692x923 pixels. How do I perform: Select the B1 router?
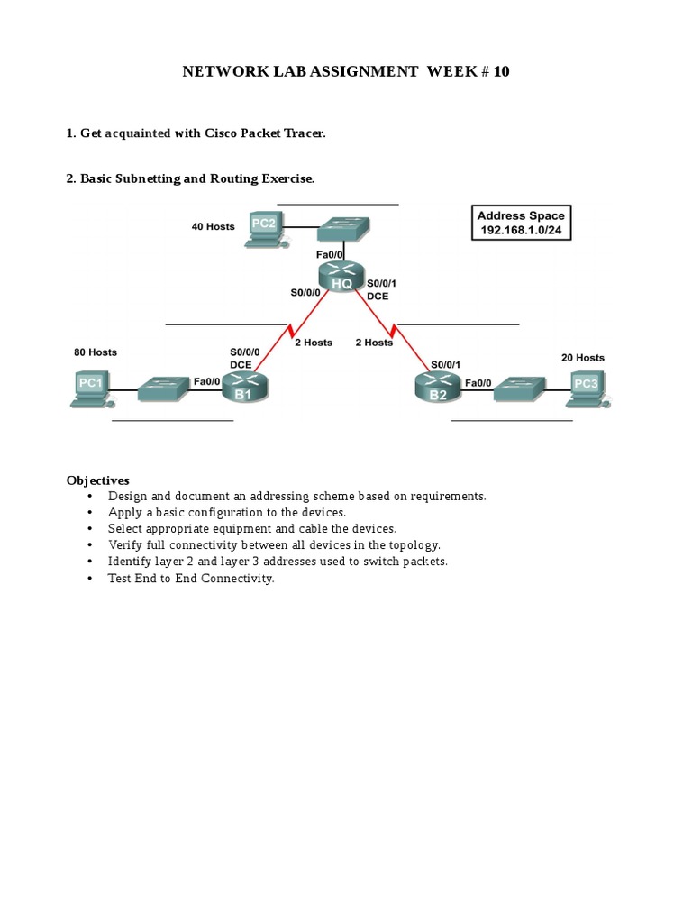tap(245, 388)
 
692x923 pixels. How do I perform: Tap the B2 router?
tap(438, 388)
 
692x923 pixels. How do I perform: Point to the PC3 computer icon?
tap(587, 389)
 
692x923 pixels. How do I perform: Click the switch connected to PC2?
tap(343, 230)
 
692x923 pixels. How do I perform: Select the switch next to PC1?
tap(165, 389)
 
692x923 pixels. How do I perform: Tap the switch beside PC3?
tap(520, 389)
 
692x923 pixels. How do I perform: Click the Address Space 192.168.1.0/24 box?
tap(522, 223)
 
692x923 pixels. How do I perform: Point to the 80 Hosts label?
tap(96, 352)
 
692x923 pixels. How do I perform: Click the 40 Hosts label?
tap(213, 226)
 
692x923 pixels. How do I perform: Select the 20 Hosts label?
tap(583, 357)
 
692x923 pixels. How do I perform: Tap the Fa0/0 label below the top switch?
tap(329, 254)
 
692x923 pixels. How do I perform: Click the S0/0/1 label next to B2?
tap(445, 365)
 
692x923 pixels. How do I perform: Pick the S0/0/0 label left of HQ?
tap(305, 293)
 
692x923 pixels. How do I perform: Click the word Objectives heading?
tap(97, 480)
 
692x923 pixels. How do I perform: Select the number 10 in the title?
tap(501, 71)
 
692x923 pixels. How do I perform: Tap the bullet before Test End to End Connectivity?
tap(89, 579)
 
